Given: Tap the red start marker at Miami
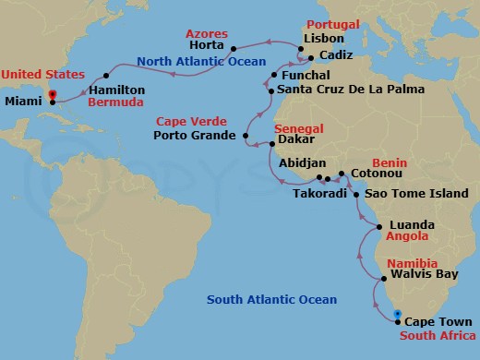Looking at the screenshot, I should (x=52, y=95).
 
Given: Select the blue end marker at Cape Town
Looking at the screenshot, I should (x=397, y=316).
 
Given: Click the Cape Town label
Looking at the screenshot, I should (x=438, y=322).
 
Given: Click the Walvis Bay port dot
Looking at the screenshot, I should (x=382, y=276).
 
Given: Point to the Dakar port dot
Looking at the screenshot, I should (x=270, y=143).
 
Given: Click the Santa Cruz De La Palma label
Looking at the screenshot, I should (x=351, y=90).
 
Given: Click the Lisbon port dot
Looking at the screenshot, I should (x=299, y=41).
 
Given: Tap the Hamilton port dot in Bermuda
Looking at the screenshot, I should (x=87, y=90).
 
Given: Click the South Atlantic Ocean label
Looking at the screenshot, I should (x=271, y=299).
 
